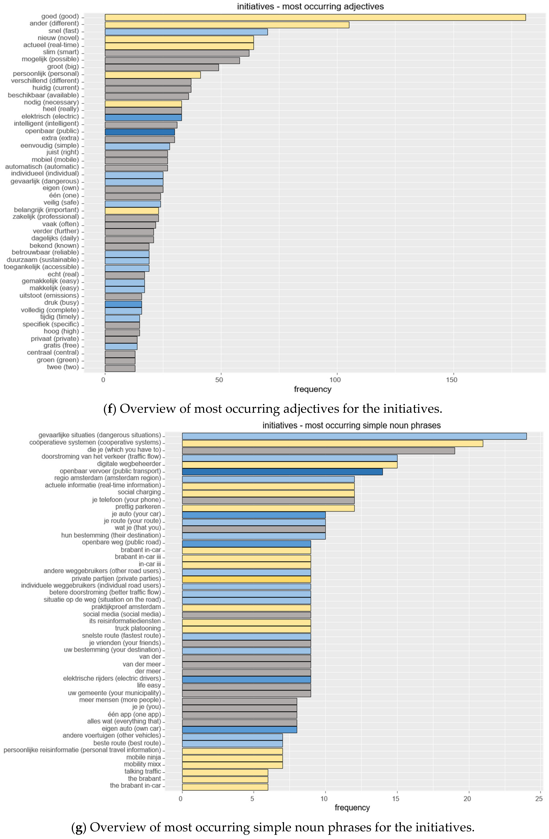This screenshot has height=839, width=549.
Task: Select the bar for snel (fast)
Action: pos(186,32)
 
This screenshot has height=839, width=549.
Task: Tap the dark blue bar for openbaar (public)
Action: pos(140,132)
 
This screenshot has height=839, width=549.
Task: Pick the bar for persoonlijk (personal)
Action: pos(153,75)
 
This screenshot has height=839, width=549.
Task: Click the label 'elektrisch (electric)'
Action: pos(50,116)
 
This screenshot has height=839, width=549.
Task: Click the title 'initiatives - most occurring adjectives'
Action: pos(310,6)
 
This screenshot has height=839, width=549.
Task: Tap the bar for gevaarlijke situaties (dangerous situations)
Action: pos(354,436)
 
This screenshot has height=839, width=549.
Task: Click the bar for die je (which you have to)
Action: pos(318,451)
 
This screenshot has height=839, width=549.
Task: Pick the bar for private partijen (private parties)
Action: pos(246,579)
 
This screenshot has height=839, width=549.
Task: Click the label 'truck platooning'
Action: pos(138,628)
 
